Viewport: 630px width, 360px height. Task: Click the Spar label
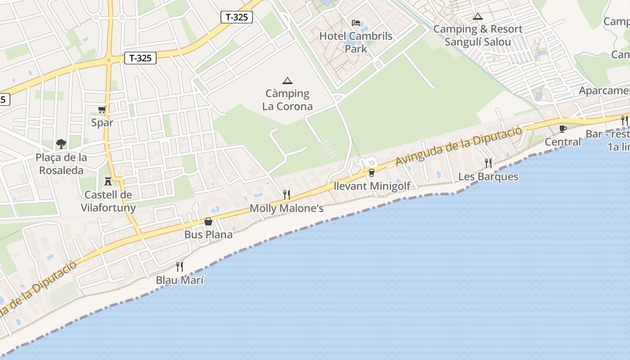click(x=102, y=123)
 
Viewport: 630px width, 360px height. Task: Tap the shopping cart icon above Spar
click(x=102, y=109)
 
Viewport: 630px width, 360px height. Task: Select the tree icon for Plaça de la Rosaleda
click(x=61, y=144)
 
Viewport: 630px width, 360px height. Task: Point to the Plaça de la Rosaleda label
click(x=61, y=164)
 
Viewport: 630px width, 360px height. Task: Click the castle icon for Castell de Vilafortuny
click(x=108, y=181)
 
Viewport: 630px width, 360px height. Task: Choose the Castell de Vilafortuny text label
click(x=108, y=201)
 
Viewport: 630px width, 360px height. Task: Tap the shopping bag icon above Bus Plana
click(x=208, y=221)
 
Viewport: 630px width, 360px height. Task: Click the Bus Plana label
click(x=208, y=234)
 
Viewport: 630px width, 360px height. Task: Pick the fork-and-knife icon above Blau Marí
click(x=180, y=267)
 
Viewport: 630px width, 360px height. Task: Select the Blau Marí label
click(x=180, y=280)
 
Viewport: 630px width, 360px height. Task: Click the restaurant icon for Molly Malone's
click(x=286, y=195)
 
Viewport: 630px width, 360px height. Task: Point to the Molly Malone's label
click(x=286, y=208)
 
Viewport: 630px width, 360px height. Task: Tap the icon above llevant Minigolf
click(x=372, y=172)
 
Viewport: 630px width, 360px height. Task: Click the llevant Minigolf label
click(x=372, y=186)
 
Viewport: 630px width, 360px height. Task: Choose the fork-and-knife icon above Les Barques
click(x=488, y=163)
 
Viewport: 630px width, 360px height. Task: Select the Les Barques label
click(x=488, y=176)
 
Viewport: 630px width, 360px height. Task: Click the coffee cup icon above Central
click(x=562, y=129)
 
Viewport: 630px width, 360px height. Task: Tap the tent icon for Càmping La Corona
click(x=287, y=81)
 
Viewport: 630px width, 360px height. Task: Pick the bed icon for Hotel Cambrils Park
click(x=356, y=23)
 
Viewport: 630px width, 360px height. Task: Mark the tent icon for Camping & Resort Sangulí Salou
click(x=477, y=17)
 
